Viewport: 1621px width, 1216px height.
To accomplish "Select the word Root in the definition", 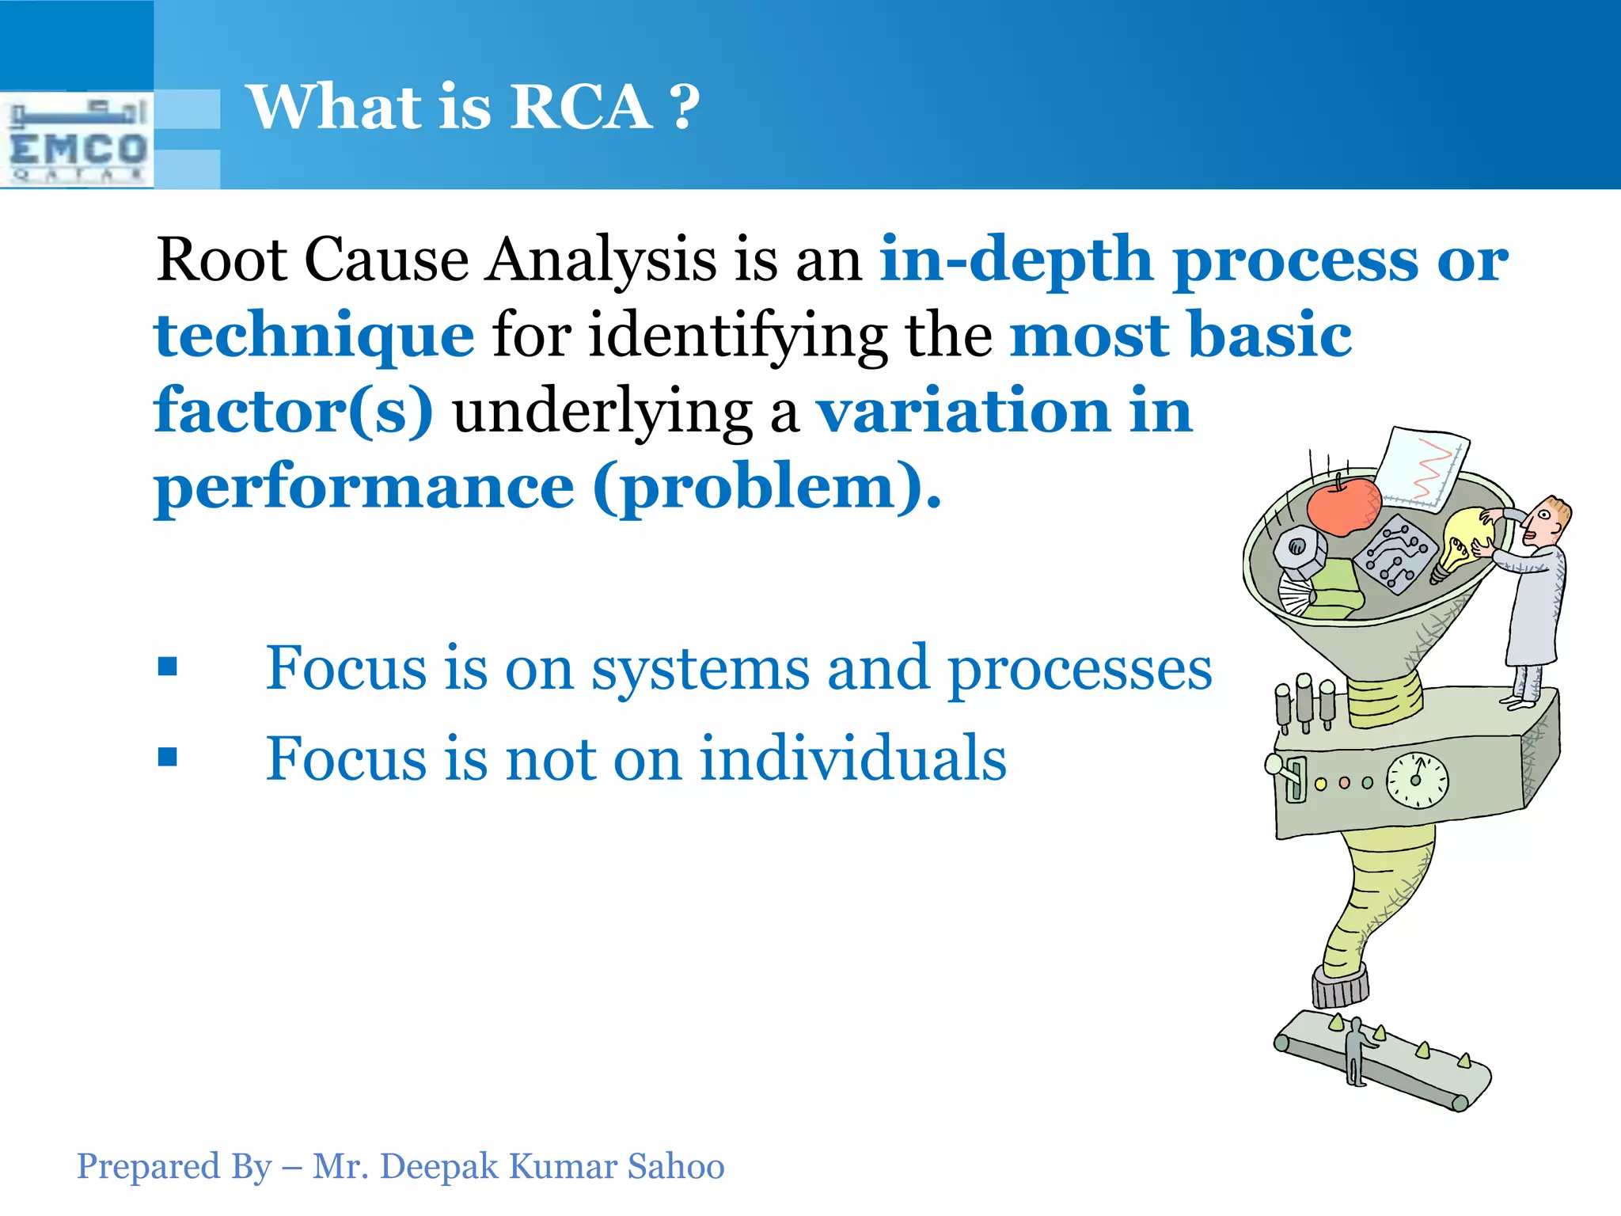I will [x=222, y=260].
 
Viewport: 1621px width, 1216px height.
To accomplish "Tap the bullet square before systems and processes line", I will [x=168, y=666].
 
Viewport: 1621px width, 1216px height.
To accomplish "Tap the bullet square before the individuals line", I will [x=168, y=757].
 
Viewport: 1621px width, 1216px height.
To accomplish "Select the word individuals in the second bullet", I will [x=852, y=758].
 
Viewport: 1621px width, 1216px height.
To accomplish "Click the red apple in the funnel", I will [x=1343, y=506].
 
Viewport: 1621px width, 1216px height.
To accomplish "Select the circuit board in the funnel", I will [x=1395, y=553].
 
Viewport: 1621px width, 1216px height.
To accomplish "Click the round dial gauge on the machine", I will [x=1417, y=781].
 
